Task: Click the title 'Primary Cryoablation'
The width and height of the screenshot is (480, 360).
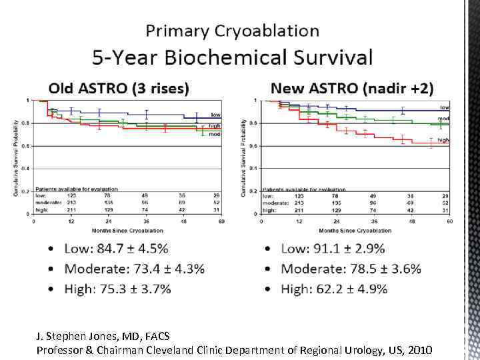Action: pyautogui.click(x=232, y=31)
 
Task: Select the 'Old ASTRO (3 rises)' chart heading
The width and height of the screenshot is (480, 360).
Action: pyautogui.click(x=119, y=87)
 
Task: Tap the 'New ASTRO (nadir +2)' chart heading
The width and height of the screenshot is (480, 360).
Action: pyautogui.click(x=353, y=87)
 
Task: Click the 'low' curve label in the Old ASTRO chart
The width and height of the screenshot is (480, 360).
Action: pyautogui.click(x=216, y=115)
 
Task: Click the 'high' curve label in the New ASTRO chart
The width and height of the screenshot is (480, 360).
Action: pyautogui.click(x=443, y=140)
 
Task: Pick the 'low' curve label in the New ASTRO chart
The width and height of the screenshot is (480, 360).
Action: pyautogui.click(x=444, y=107)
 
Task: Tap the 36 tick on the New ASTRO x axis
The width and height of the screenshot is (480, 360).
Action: pyautogui.click(x=374, y=221)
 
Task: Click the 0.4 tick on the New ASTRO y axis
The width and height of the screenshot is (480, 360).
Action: pyautogui.click(x=252, y=168)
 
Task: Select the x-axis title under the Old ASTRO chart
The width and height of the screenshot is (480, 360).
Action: pyautogui.click(x=127, y=230)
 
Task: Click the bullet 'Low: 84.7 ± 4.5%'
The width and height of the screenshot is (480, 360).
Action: pyautogui.click(x=116, y=249)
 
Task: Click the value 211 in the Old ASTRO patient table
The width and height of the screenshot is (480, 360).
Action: pyautogui.click(x=73, y=210)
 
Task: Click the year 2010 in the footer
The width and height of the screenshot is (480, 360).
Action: pyautogui.click(x=419, y=350)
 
